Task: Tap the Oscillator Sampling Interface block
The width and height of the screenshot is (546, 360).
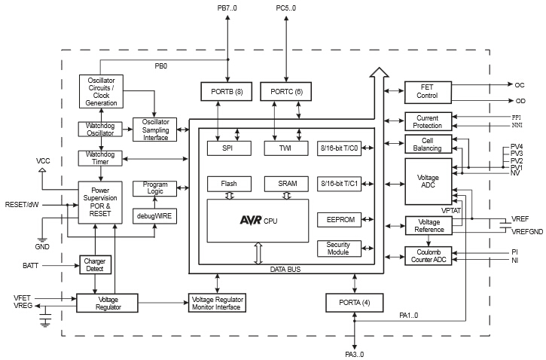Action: coord(154,129)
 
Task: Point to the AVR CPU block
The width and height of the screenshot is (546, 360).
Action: coord(258,221)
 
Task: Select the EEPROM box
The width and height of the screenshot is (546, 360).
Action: coord(339,220)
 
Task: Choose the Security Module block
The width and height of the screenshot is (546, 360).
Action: coord(339,249)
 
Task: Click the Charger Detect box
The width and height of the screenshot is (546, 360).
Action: coord(96,265)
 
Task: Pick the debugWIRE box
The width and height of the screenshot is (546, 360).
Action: coord(154,215)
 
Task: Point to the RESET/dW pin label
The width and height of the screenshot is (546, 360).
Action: coord(23,205)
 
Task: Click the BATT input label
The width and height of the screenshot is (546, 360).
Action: coord(31,266)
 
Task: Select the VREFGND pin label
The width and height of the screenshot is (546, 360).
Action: coord(527,231)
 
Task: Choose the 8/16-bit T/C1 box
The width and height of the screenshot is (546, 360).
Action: coord(339,183)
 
